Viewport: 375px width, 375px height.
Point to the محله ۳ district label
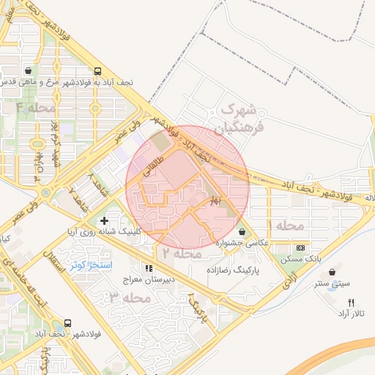coord(130,298)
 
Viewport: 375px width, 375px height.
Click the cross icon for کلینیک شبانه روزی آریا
coord(105,220)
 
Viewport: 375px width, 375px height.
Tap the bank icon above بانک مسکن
coord(300,249)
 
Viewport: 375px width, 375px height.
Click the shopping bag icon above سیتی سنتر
coord(339,272)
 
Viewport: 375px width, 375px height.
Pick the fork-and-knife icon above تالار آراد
coord(351,302)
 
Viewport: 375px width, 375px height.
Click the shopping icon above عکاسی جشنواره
coord(242,232)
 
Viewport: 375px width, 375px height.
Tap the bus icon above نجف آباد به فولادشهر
coord(97,72)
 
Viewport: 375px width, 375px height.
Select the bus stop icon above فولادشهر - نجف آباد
coord(68,322)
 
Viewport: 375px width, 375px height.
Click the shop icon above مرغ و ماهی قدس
coord(28,72)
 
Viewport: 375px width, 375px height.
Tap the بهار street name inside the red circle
coord(215,199)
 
